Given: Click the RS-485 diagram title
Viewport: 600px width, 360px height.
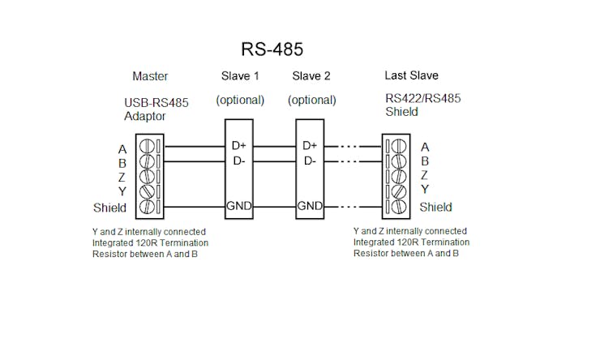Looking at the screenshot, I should coord(272,49).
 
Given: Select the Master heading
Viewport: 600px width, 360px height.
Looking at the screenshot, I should coord(150,76).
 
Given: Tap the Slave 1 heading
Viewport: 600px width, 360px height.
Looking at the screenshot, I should coord(240,76).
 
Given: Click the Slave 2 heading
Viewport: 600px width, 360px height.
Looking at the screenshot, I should coord(311,76).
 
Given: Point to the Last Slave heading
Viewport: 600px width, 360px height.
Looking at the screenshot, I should coord(411,75).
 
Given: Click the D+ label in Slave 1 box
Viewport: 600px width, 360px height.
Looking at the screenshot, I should coord(239,146).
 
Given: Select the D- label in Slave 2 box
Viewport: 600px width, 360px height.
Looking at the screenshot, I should coord(309,161).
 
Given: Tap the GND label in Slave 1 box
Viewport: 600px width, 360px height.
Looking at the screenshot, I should coord(239,206).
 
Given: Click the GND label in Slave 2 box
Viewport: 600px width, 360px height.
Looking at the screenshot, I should coord(310,206).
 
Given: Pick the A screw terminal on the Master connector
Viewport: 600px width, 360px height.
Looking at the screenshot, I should coord(147,147).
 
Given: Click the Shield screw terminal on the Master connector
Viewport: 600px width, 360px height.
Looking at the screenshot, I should coord(147,207).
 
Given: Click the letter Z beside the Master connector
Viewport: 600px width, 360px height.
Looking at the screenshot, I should coord(122,178).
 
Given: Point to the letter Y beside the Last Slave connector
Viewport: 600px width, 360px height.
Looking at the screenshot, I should coord(425,190).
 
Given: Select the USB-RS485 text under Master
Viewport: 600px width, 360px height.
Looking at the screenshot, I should coord(156,103).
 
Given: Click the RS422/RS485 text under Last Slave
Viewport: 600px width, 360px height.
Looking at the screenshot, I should coord(422,99).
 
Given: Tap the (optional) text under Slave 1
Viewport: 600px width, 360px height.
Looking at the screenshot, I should coord(240,100).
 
